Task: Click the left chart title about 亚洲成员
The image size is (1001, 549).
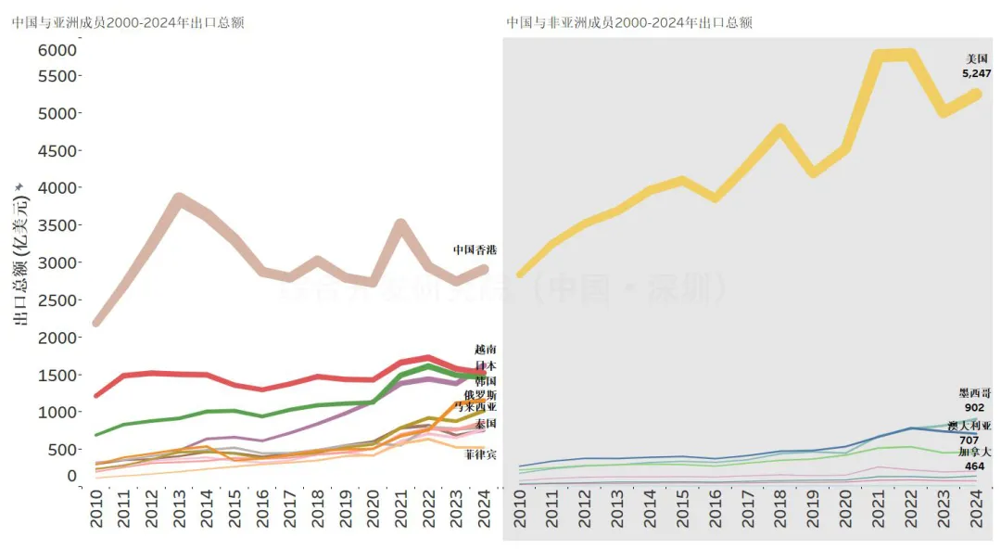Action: click(x=128, y=22)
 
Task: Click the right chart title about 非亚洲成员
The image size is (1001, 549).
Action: click(x=629, y=22)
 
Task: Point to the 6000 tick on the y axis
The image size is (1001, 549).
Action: click(x=57, y=49)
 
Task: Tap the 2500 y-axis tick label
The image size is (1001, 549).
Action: click(x=57, y=300)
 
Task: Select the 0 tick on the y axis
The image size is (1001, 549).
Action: click(x=71, y=476)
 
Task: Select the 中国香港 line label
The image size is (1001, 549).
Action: click(x=475, y=249)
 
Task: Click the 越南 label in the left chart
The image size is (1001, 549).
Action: click(x=486, y=350)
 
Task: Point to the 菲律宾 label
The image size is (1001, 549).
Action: click(x=481, y=453)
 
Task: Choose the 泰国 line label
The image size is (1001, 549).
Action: click(x=486, y=424)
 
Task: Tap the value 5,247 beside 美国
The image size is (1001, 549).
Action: click(x=977, y=72)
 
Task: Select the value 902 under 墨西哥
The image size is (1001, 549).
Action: click(x=974, y=407)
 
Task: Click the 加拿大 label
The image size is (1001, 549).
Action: click(x=975, y=451)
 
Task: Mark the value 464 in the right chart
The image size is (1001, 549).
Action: click(x=974, y=466)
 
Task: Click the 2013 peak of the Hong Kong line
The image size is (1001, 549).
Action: click(x=180, y=199)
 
